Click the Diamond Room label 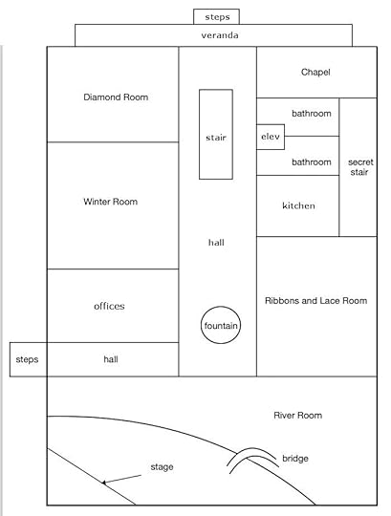pos(116,97)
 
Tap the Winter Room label pos(111,202)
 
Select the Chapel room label pos(315,72)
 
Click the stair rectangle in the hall pos(200,135)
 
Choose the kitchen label pos(299,205)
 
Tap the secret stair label pos(360,167)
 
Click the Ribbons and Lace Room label pos(316,300)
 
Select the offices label pos(109,306)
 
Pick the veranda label pos(220,35)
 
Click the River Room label pos(298,416)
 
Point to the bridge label pos(295,459)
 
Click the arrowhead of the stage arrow pos(103,483)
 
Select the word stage pos(162,467)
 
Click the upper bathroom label pos(312,114)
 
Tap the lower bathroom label pos(312,162)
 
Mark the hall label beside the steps pos(111,359)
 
